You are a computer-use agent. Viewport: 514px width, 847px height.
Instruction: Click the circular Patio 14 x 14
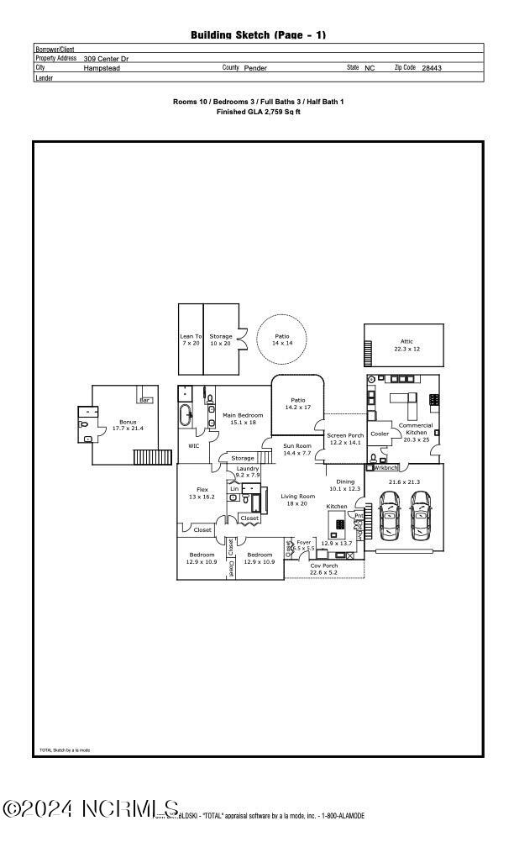pos(281,339)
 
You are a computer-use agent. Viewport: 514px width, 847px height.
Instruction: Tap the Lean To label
pos(191,337)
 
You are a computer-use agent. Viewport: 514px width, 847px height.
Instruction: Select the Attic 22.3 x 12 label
pos(406,345)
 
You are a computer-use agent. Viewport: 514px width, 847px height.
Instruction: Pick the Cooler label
pos(380,434)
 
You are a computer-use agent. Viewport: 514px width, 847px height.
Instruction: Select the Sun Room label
pos(296,445)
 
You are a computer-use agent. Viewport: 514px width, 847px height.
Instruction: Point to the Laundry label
pos(247,468)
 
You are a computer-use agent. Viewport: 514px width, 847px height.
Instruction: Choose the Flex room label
pos(202,489)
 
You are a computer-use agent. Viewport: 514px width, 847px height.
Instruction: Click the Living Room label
pos(297,496)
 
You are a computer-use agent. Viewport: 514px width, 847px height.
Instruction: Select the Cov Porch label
pos(323,566)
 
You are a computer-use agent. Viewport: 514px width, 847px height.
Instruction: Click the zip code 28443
pos(432,67)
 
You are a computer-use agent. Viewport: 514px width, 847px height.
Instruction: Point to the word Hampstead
pos(102,67)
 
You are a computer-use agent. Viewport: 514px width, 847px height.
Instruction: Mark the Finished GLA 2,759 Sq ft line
pos(259,111)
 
